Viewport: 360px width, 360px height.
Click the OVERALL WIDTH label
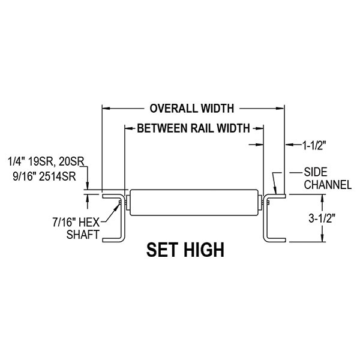click(191, 109)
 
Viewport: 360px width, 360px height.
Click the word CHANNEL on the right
click(328, 185)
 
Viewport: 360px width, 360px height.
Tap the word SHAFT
click(83, 234)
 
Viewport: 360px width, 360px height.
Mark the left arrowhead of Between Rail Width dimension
click(128, 128)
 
